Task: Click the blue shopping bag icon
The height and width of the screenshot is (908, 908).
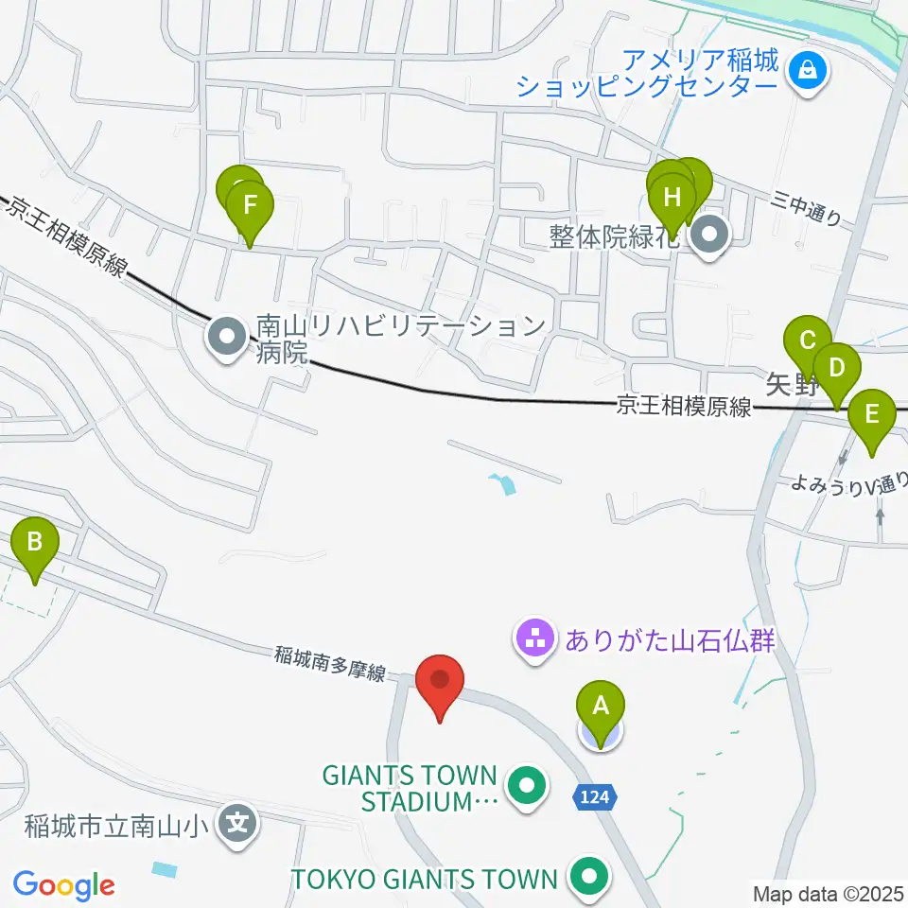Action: [808, 69]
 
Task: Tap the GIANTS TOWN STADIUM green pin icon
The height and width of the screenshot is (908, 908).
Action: [526, 786]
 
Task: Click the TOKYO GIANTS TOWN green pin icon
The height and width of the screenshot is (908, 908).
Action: [589, 877]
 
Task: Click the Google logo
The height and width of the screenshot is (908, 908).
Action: [63, 885]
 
